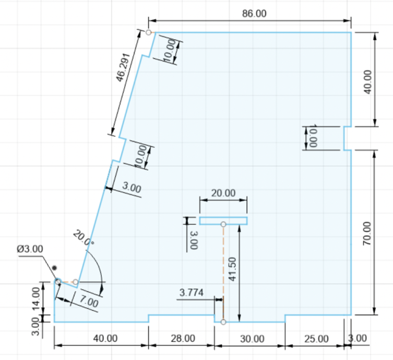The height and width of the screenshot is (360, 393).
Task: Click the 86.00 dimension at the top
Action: pos(254,14)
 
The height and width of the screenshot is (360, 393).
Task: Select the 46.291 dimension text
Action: pos(123,67)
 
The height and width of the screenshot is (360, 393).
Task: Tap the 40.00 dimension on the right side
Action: pos(367,82)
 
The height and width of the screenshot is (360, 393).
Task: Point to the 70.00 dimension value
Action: pos(367,234)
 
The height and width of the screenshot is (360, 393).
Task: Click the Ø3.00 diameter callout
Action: pos(30,249)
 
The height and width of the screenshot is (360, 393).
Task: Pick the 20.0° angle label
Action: pos(84,238)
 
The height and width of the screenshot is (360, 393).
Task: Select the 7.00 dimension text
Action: pos(89,301)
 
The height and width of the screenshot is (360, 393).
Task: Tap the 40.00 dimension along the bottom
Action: pos(105,339)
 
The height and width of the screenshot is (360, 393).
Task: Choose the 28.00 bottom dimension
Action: pos(183,339)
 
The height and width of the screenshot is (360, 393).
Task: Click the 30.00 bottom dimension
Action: pos(252,339)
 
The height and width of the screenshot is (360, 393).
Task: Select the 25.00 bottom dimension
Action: pos(317,339)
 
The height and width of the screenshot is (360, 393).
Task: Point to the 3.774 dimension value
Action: pos(192,293)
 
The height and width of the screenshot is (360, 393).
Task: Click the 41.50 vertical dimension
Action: pos(232,269)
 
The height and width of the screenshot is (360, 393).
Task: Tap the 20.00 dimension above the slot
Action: pos(223,193)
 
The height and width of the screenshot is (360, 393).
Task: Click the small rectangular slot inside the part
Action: pos(223,221)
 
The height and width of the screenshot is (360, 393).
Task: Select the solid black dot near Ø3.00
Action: pos(54,268)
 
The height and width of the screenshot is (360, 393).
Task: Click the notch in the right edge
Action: pos(347,138)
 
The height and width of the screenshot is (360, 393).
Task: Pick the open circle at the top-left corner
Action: pos(148,32)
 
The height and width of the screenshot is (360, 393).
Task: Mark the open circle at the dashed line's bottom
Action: pos(223,322)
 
